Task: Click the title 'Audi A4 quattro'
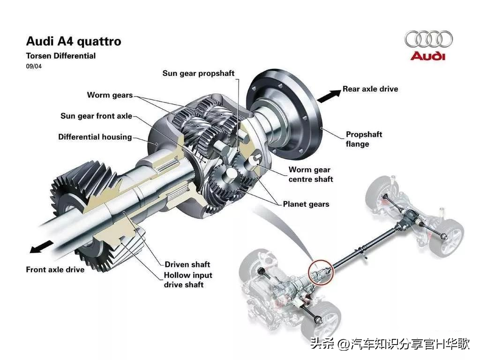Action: coord(74,41)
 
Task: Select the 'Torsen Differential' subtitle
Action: coord(60,56)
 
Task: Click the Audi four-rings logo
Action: coord(428,39)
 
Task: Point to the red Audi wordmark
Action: coord(428,56)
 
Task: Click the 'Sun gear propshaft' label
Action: coord(198,74)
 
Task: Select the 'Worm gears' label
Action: coord(110,95)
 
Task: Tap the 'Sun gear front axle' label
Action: coord(96,116)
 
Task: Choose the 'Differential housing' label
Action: coord(95,137)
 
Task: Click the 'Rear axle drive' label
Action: coord(370,89)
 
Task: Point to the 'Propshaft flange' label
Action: coord(364,139)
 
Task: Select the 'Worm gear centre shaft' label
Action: coord(310,174)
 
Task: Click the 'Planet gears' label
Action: coord(306,204)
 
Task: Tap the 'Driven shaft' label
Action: coord(187,264)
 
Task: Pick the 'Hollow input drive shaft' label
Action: coord(187,280)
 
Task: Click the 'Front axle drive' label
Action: coord(55,270)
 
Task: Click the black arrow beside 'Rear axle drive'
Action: coord(329,95)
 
